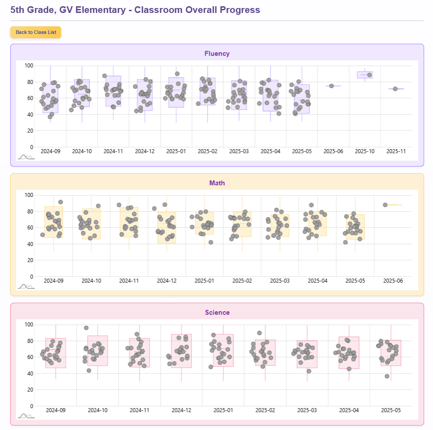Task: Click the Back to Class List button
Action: coord(36,32)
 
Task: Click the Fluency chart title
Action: coord(217,54)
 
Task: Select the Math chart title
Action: coord(217,183)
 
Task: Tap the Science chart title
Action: coord(217,313)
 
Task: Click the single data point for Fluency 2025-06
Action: coord(332,86)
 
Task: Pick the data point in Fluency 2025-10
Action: coord(370,75)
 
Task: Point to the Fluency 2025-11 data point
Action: coord(395,89)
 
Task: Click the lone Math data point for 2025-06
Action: coord(385,205)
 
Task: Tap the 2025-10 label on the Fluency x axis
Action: coord(365,151)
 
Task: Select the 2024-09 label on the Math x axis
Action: coord(54,281)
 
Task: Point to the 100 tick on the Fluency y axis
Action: coord(29,66)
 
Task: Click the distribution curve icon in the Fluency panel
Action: coord(26,157)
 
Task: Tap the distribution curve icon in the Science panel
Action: coord(26,416)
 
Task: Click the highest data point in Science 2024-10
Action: coord(86,328)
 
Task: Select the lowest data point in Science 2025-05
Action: coord(387,376)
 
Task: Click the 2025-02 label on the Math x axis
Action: coord(242,281)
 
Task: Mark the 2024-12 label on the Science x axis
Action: coord(181,410)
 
